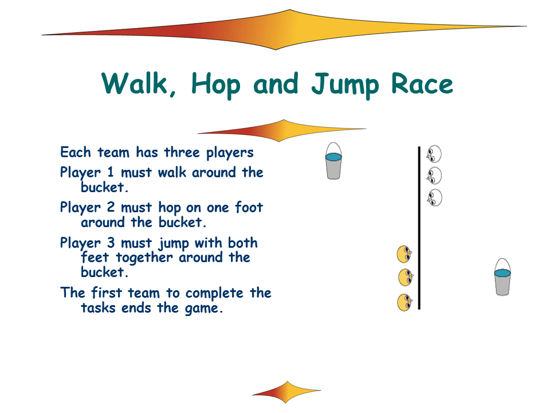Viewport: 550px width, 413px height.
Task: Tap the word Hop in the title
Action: coord(216,86)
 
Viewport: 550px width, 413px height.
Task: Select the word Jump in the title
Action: coord(345,86)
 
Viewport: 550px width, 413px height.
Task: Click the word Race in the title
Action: coord(422,84)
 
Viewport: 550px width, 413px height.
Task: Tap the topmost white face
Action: coord(434,154)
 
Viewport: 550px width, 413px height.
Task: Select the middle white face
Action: coord(434,176)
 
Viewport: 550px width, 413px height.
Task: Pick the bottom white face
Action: coord(435,197)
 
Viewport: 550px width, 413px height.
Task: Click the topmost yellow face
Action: coord(404,254)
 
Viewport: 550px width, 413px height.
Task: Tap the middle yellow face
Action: coord(406,278)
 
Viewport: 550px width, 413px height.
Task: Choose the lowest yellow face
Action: coord(405,302)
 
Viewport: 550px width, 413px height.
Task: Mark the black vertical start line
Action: coord(419,228)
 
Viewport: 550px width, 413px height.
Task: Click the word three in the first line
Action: coord(182,153)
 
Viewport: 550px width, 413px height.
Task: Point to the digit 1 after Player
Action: coord(111,172)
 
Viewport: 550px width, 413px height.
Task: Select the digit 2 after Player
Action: coord(111,207)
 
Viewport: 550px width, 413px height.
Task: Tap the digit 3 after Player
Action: coord(111,243)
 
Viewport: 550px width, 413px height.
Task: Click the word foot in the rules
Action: coord(249,207)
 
